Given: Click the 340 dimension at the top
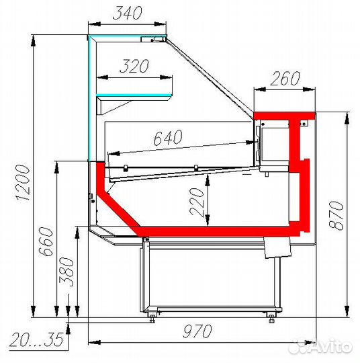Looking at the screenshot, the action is pyautogui.click(x=128, y=13).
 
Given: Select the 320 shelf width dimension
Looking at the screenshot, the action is pyautogui.click(x=134, y=66).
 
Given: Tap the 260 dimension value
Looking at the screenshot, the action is pyautogui.click(x=285, y=78).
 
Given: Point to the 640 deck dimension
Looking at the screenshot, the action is pyautogui.click(x=168, y=138).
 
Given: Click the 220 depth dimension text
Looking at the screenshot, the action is pyautogui.click(x=197, y=202).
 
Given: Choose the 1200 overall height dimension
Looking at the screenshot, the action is pyautogui.click(x=23, y=182).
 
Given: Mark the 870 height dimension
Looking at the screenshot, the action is pyautogui.click(x=336, y=215).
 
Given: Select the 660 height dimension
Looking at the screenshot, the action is pyautogui.click(x=46, y=241).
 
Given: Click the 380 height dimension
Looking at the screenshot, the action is pyautogui.click(x=66, y=272).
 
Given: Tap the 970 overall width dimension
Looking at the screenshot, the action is pyautogui.click(x=197, y=331).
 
